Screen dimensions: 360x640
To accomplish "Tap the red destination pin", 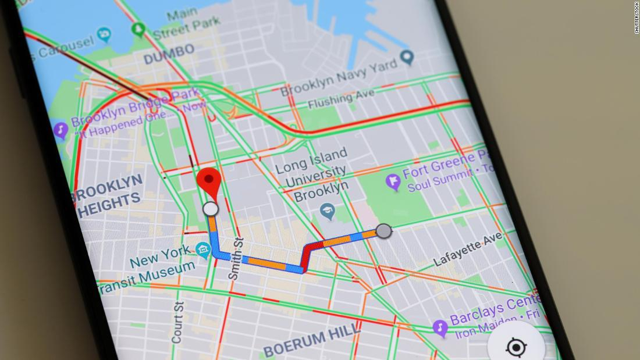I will (x=209, y=180).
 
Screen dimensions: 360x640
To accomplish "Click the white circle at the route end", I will (x=211, y=209).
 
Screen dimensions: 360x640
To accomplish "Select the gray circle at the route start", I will (x=383, y=231).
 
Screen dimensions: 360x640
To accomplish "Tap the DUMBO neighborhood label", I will (x=169, y=54).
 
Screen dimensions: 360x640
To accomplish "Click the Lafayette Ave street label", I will (x=468, y=249).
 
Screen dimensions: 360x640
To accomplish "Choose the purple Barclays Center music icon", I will (x=440, y=328).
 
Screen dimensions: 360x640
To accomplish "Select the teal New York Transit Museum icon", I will (x=203, y=251).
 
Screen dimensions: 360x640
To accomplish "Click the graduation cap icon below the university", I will (x=328, y=212).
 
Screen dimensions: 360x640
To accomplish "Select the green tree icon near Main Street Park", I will (x=138, y=28).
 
